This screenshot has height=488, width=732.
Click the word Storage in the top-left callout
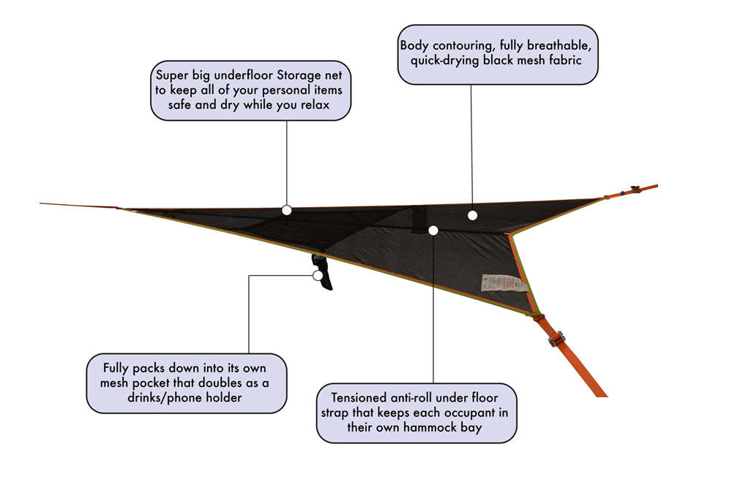pos(299,75)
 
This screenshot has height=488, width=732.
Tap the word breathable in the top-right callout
pos(559,45)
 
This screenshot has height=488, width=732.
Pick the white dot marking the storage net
pos(287,211)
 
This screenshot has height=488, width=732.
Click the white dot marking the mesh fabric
pos(472,215)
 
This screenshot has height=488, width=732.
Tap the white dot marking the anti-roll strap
pos(433,230)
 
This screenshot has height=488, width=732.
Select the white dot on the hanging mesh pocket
pos(318,275)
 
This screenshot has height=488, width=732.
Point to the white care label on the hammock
pos(504,282)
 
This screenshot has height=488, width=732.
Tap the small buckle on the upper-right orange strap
pos(635,189)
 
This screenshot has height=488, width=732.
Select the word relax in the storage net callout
pos(315,105)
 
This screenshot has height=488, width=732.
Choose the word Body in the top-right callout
pos(414,45)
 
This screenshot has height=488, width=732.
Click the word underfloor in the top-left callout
pos(243,75)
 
